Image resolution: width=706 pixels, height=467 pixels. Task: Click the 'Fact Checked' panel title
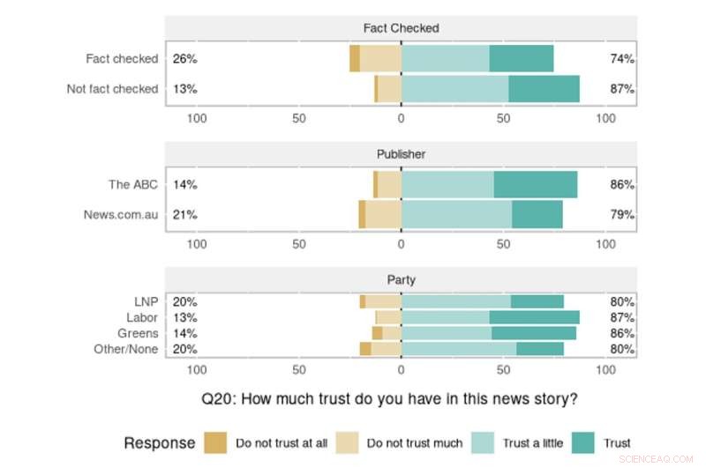401,27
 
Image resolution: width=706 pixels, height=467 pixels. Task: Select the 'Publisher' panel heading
401,153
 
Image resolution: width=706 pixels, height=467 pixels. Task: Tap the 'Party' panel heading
401,280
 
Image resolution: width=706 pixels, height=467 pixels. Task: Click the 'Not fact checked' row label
112,89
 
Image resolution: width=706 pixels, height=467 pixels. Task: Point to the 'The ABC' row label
132,185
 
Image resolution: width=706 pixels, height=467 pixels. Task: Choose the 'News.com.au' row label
121,214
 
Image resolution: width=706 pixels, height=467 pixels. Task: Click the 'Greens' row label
138,333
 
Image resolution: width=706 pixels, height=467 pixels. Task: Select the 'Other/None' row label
125,349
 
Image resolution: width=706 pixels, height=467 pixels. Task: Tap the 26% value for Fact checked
184,59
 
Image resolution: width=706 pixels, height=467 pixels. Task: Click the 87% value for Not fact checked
622,89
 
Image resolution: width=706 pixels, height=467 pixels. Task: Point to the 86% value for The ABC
622,185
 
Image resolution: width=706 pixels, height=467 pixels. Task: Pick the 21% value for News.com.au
184,214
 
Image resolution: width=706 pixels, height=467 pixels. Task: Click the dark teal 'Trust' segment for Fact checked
522,59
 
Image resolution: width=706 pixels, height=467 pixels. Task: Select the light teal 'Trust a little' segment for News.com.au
456,214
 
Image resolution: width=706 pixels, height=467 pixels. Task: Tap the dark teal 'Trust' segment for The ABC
536,185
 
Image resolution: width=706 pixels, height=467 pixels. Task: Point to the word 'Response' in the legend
159,442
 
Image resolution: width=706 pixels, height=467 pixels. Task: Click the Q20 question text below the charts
389,398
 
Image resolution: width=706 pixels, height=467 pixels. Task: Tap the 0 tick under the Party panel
402,370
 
